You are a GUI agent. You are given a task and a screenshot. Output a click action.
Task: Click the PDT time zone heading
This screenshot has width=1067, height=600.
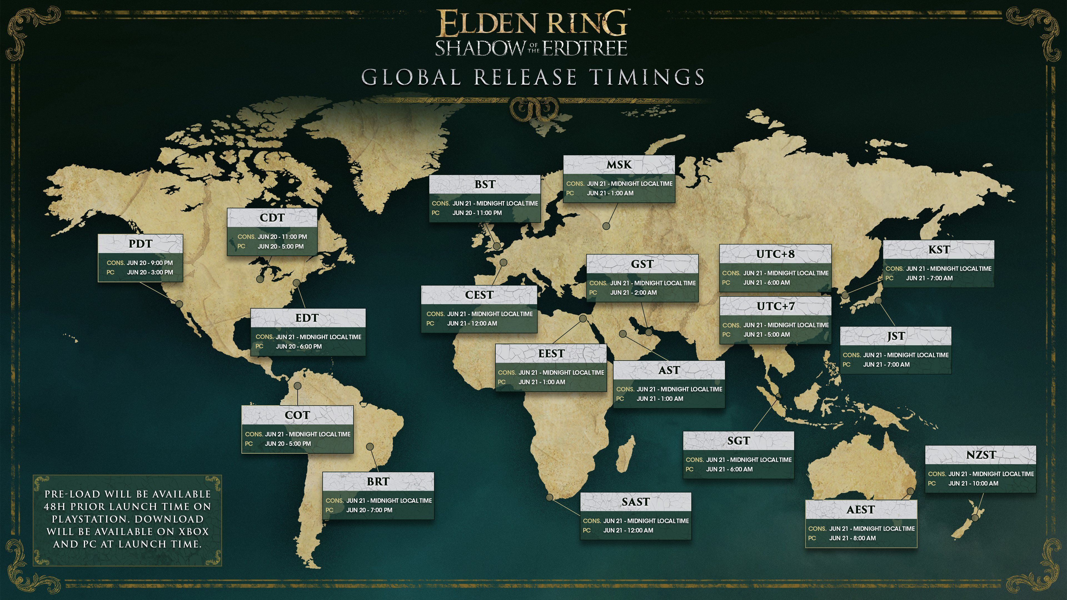click(140, 244)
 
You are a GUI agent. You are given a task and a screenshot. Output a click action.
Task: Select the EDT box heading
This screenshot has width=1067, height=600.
click(307, 318)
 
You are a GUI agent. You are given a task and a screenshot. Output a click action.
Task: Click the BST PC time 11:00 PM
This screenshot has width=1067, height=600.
click(477, 213)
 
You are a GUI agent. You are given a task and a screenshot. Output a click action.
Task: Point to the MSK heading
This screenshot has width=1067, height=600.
click(619, 165)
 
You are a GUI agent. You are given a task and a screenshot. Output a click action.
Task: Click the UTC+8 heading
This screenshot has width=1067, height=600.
click(776, 254)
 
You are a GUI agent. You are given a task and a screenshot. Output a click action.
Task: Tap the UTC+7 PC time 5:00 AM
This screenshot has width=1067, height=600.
click(766, 334)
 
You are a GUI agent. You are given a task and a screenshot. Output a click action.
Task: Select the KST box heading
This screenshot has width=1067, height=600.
click(939, 250)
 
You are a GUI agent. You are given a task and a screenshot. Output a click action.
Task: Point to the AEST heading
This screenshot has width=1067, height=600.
click(861, 510)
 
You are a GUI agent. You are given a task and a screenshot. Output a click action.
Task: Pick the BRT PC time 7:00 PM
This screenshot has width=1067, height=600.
click(369, 510)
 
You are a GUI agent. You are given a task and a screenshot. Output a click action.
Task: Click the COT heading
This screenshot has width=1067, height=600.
click(297, 415)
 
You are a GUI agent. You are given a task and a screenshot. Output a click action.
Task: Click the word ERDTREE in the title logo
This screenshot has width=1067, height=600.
click(584, 48)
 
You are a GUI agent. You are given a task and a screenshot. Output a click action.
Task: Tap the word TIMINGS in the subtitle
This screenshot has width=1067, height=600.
click(647, 77)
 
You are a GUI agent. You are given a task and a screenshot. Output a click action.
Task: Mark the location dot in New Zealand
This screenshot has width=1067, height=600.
click(975, 517)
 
